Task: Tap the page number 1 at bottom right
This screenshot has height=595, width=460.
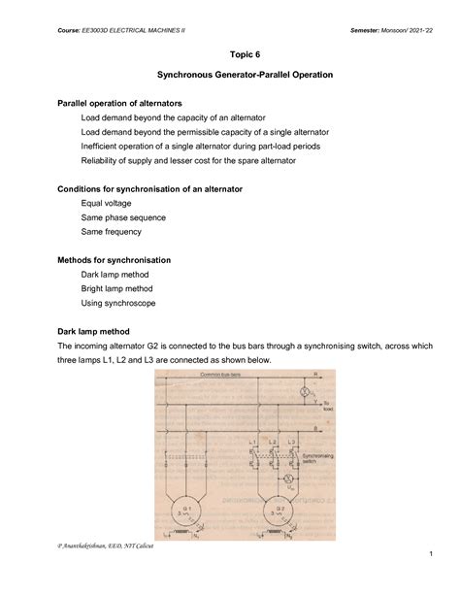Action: coord(427,580)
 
